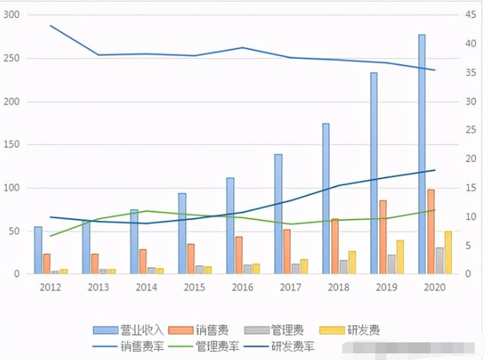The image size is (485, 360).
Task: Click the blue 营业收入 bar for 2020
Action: (x=422, y=155)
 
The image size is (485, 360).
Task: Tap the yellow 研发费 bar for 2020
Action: (x=448, y=253)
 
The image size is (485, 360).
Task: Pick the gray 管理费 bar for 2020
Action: (x=439, y=261)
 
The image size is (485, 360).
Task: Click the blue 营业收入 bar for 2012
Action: (x=38, y=250)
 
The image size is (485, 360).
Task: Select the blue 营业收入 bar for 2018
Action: (x=326, y=199)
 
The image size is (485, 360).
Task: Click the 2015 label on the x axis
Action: (x=194, y=286)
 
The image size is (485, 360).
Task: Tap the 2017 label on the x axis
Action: (x=291, y=286)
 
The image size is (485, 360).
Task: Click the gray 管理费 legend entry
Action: (x=277, y=330)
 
